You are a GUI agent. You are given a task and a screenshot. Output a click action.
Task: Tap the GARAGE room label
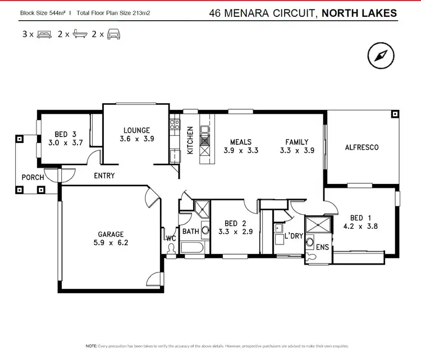pyautogui.click(x=110, y=234)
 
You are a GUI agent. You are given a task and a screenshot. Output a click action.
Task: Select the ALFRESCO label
pyautogui.click(x=361, y=147)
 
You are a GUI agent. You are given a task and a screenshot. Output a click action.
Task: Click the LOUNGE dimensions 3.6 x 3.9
pyautogui.click(x=137, y=139)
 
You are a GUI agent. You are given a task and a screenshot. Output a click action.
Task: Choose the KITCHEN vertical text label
pyautogui.click(x=190, y=140)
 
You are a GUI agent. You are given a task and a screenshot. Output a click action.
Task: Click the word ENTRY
pyautogui.click(x=104, y=176)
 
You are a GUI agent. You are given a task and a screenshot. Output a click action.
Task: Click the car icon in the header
pyautogui.click(x=114, y=34)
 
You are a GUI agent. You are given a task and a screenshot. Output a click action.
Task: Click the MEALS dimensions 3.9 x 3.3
pyautogui.click(x=241, y=150)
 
